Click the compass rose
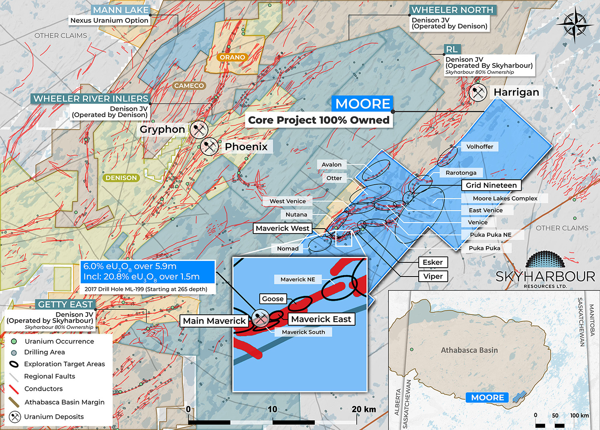(574, 25)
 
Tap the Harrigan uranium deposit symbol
(478, 92)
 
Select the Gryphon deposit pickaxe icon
(199, 129)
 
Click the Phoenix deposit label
(246, 147)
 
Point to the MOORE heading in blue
(362, 104)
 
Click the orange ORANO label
(232, 57)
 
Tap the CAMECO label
(189, 86)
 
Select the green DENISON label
(121, 178)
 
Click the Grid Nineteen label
(491, 185)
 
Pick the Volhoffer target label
(480, 147)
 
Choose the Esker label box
(433, 262)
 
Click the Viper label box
(433, 276)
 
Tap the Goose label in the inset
(273, 299)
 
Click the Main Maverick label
(214, 321)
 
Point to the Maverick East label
(321, 319)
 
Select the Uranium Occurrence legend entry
(59, 341)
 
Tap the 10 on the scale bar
(272, 409)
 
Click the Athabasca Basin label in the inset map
(469, 350)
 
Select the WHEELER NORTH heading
(452, 10)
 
